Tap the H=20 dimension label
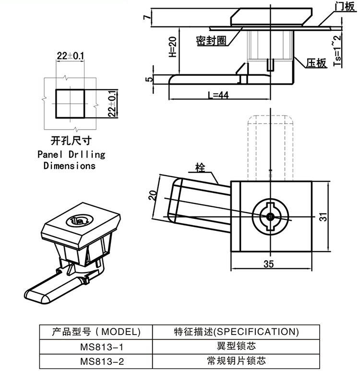(x=173, y=48)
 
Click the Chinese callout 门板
(x=344, y=6)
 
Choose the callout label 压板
(x=316, y=63)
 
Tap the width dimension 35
(x=269, y=263)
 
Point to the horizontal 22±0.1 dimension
(x=70, y=56)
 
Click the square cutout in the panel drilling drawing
(x=71, y=103)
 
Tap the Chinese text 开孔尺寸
(x=71, y=141)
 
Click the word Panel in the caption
(x=50, y=155)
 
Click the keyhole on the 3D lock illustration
(x=77, y=221)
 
